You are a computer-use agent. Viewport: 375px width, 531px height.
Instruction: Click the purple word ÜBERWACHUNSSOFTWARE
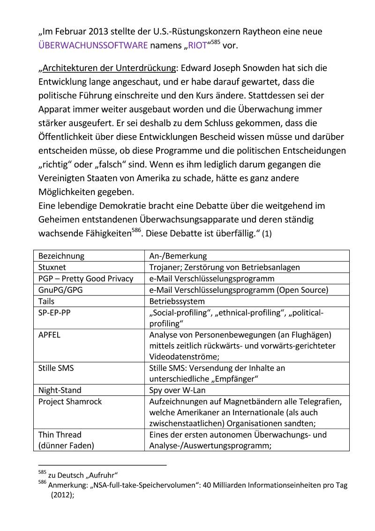click(93, 46)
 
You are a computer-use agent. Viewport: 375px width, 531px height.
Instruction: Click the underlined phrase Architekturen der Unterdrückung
click(108, 68)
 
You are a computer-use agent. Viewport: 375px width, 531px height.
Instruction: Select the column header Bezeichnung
click(61, 256)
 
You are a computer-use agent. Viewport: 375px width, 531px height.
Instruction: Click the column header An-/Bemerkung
click(178, 256)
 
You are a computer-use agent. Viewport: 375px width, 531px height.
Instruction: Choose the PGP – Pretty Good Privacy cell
click(86, 279)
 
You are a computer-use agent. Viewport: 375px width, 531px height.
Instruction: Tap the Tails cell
click(46, 301)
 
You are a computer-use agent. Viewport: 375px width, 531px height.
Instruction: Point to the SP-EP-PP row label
click(54, 312)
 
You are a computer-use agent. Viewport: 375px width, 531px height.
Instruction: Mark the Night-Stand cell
click(60, 390)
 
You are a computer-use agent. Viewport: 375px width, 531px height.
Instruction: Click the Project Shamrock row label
click(70, 401)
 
